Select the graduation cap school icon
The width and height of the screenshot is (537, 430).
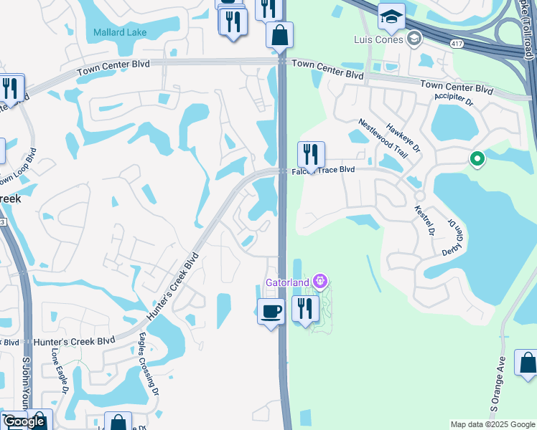coord(391,16)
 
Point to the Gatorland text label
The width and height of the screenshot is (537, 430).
coord(287,282)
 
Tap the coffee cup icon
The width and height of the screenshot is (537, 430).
coord(271,312)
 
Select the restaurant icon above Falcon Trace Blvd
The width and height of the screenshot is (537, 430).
coord(311,154)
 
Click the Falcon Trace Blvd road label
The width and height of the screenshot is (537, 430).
coord(322,170)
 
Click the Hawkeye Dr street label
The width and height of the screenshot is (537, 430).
coord(403,136)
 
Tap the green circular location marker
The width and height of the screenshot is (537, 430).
coord(475,159)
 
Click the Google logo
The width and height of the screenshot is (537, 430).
coord(24,421)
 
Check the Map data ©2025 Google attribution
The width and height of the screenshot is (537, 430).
coord(492,424)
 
